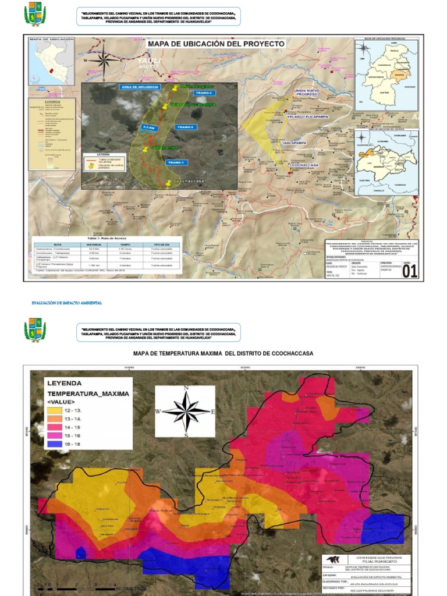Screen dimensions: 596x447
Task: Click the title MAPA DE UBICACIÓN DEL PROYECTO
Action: pos(217,44)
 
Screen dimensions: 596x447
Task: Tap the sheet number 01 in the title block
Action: pos(410,271)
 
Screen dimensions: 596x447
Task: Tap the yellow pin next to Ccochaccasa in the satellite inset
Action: pos(169,183)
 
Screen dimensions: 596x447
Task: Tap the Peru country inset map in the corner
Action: pos(51,61)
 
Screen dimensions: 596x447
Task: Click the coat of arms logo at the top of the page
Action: pos(35,14)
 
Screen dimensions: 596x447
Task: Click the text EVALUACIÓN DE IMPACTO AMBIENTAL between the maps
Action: pos(66,303)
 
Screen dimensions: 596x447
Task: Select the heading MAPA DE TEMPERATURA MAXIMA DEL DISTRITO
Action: pos(223,353)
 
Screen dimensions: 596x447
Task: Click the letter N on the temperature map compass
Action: pos(186,388)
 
